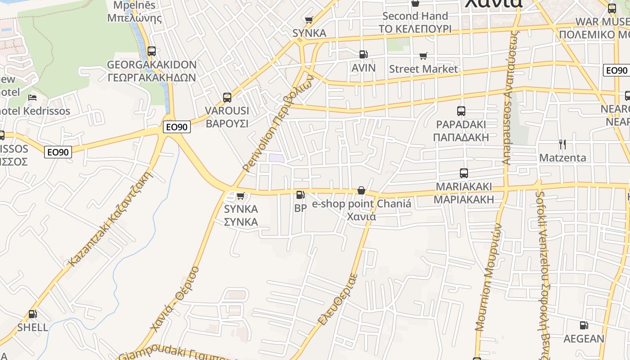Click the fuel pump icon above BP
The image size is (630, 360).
coord(300,195)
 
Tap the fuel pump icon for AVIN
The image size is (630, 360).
coord(363,55)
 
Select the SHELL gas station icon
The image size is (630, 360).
coord(32,314)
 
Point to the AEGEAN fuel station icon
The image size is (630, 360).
coord(584,325)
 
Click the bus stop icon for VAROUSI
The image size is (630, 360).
coord(227,98)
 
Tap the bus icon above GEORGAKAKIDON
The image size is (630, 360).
coord(152,51)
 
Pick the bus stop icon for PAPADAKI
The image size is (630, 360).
coord(461,111)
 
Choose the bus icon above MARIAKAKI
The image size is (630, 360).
coord(464,173)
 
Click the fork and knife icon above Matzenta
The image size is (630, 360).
coord(562,144)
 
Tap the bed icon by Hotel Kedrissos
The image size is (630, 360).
coord(32,98)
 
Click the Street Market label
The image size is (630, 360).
coord(423,69)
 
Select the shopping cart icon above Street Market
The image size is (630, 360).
coord(423,56)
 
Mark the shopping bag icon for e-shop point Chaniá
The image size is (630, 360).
coord(361,191)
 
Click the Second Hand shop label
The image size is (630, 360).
coord(415,16)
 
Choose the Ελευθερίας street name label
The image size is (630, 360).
coord(337,299)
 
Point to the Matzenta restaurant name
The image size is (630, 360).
coord(562,157)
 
